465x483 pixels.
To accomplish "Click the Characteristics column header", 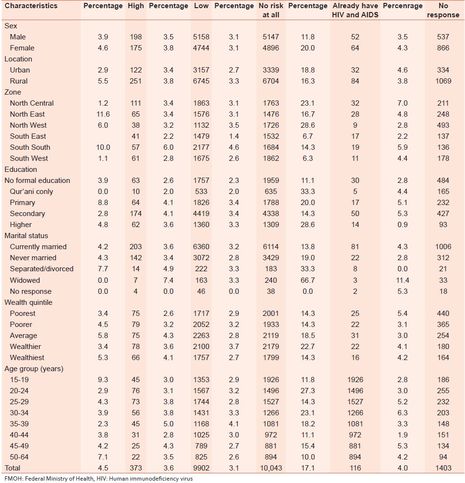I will coord(31,6).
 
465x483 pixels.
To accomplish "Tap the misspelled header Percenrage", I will coord(403,6).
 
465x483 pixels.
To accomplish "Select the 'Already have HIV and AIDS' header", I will coord(355,10).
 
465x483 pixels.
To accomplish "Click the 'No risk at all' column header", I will coord(271,10).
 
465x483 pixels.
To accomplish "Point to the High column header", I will coord(136,6).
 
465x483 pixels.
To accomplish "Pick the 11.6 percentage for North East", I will coord(103,114).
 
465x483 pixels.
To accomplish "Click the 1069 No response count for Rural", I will coord(443,81).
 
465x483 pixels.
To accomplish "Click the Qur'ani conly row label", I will coord(32,192).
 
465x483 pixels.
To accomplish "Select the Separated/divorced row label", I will coord(42,269).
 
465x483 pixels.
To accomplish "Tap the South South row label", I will coord(30,147).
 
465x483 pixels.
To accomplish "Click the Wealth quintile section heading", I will coord(28,302).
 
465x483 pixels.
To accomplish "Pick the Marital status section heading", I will coord(26,236).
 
